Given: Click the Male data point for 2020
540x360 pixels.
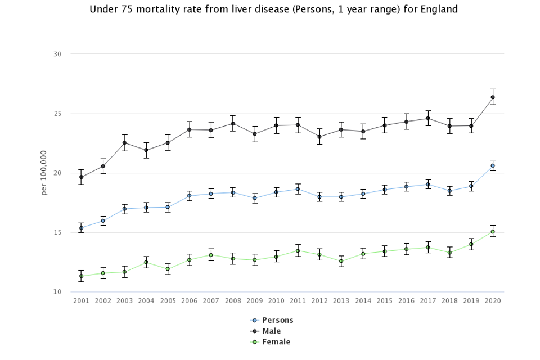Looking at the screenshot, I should (x=493, y=97).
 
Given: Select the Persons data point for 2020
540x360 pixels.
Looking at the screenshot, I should (x=493, y=165).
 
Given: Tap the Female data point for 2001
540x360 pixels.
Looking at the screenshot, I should (x=82, y=276).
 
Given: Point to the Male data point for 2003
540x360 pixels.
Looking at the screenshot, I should (x=125, y=143).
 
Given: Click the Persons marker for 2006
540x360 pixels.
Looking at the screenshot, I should (x=190, y=196).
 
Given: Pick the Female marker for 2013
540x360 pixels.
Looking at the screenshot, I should (x=341, y=261).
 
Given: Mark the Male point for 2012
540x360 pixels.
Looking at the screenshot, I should (x=319, y=137).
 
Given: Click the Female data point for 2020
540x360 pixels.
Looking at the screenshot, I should (x=493, y=232).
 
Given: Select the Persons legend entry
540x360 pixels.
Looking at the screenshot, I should (x=277, y=321).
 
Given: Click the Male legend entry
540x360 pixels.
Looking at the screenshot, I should (x=271, y=331).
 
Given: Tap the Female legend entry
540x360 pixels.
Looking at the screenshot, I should (x=276, y=342).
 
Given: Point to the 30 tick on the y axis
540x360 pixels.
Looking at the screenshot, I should (x=57, y=54).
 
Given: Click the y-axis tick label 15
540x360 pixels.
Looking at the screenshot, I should (x=57, y=232).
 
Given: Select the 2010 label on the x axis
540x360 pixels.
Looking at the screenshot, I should (x=276, y=301).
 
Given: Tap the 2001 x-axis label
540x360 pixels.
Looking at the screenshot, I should (x=82, y=301).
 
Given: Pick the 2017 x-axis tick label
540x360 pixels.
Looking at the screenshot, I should (x=427, y=301).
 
